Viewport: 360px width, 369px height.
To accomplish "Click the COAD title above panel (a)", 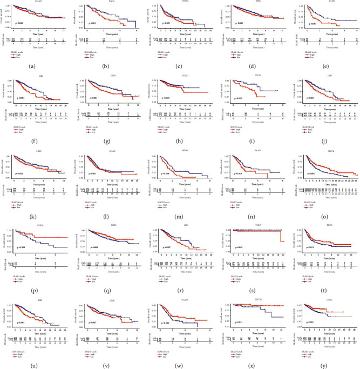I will coord(44,3).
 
